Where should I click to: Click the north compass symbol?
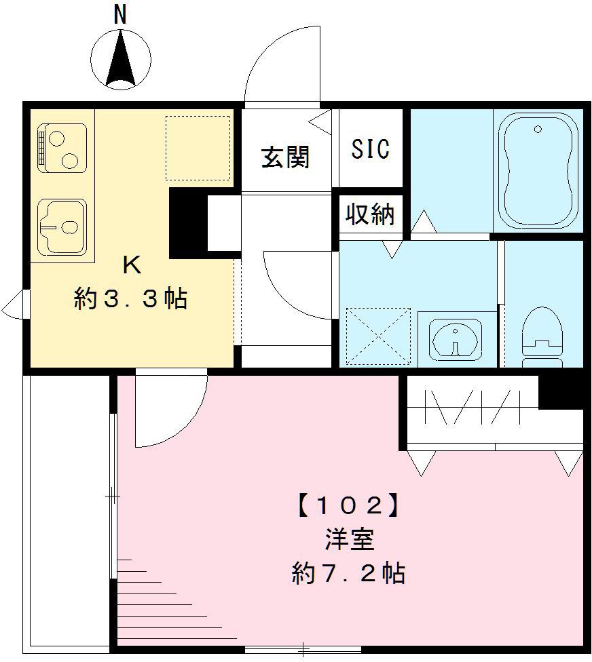[121, 59]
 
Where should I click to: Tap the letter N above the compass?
[121, 14]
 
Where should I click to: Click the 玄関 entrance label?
[286, 157]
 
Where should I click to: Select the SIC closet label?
[371, 149]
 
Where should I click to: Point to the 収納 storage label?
[370, 215]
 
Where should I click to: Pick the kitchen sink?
[62, 227]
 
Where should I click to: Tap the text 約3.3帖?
[130, 298]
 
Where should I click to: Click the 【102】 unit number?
[346, 505]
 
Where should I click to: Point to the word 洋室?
[349, 541]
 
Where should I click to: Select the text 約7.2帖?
[348, 575]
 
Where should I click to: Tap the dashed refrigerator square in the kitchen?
[198, 147]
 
